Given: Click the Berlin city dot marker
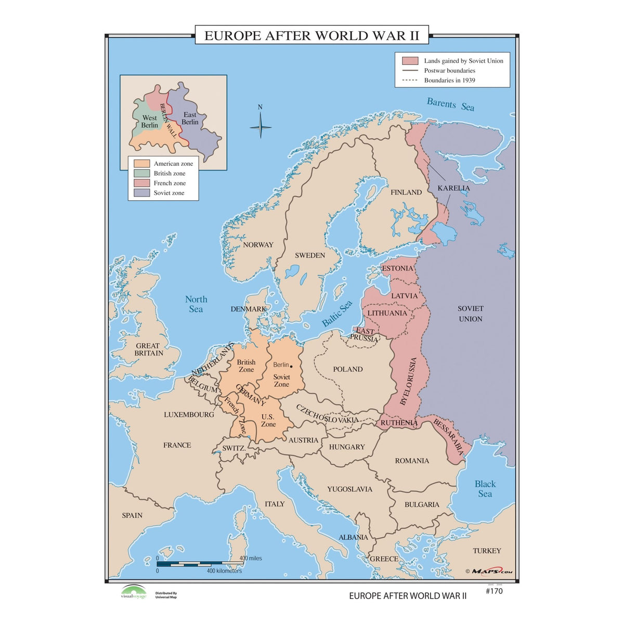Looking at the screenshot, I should (291, 366).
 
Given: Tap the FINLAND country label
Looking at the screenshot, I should (406, 192).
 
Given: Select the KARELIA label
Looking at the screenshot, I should (453, 188).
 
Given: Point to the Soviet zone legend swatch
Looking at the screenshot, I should (141, 193).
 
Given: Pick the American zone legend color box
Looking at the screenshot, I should (141, 164).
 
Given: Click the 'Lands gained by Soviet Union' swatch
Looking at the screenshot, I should (410, 61).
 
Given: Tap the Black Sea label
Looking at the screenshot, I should (485, 489).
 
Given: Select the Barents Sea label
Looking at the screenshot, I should (450, 104).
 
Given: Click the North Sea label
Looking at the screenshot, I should (196, 304).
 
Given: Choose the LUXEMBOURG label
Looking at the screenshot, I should (189, 414).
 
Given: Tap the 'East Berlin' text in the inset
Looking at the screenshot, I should (190, 119).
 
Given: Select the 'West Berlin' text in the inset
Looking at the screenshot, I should (149, 122).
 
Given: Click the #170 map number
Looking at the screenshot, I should (493, 591).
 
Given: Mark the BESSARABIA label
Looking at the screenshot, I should (448, 437).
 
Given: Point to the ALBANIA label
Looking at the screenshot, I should (353, 537).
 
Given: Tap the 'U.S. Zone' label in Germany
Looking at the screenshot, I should (268, 420).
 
